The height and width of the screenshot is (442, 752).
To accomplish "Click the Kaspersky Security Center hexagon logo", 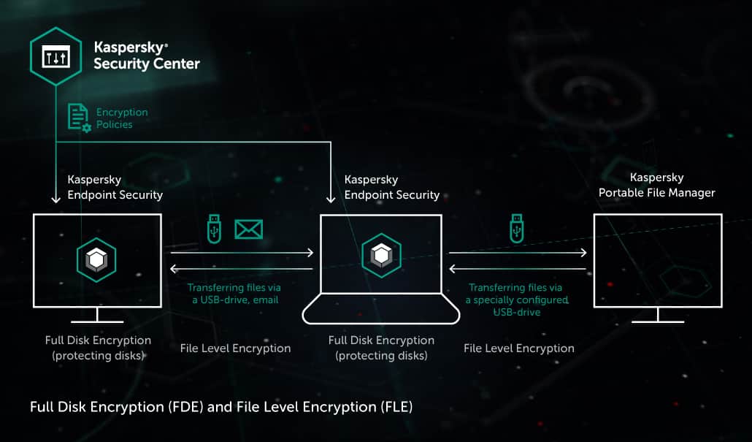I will pyautogui.click(x=55, y=56).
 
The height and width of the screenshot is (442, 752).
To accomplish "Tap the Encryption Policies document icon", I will pyautogui.click(x=79, y=118).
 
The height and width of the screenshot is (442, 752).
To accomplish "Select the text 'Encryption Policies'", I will pyautogui.click(x=122, y=118).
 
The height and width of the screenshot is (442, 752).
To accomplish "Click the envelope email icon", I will pyautogui.click(x=248, y=229).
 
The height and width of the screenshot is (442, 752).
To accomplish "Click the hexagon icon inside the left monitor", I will pyautogui.click(x=97, y=258).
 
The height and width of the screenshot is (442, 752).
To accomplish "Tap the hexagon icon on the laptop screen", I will pyautogui.click(x=380, y=256).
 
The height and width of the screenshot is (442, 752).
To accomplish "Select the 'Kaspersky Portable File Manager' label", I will pyautogui.click(x=656, y=186).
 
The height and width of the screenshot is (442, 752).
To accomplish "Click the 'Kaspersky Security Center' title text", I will pyautogui.click(x=146, y=56).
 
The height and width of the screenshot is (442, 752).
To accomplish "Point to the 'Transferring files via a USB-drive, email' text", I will pyautogui.click(x=234, y=294).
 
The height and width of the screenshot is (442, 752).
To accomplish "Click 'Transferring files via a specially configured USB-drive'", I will pyautogui.click(x=518, y=300).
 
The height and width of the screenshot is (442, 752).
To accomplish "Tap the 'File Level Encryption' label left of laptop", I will pyautogui.click(x=235, y=348).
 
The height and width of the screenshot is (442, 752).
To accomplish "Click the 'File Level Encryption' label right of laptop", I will pyautogui.click(x=518, y=348).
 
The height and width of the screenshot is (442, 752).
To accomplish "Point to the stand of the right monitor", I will pyautogui.click(x=657, y=315).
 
